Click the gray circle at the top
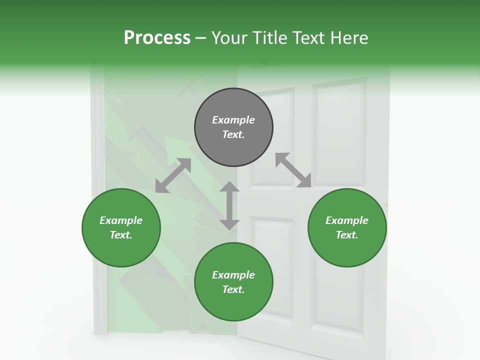tap(233, 127)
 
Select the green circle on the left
tap(121, 227)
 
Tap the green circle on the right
tap(347, 227)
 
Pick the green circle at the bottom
tap(233, 282)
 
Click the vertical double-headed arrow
tap(229, 205)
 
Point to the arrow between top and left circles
tap(173, 175)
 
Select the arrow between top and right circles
tap(293, 170)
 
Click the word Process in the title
tap(157, 37)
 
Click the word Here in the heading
tap(348, 37)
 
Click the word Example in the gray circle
tap(233, 120)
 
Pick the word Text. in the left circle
tap(121, 235)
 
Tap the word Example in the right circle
tap(347, 220)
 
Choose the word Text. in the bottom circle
tap(233, 289)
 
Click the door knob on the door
tap(385, 203)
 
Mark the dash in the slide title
tap(201, 38)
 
